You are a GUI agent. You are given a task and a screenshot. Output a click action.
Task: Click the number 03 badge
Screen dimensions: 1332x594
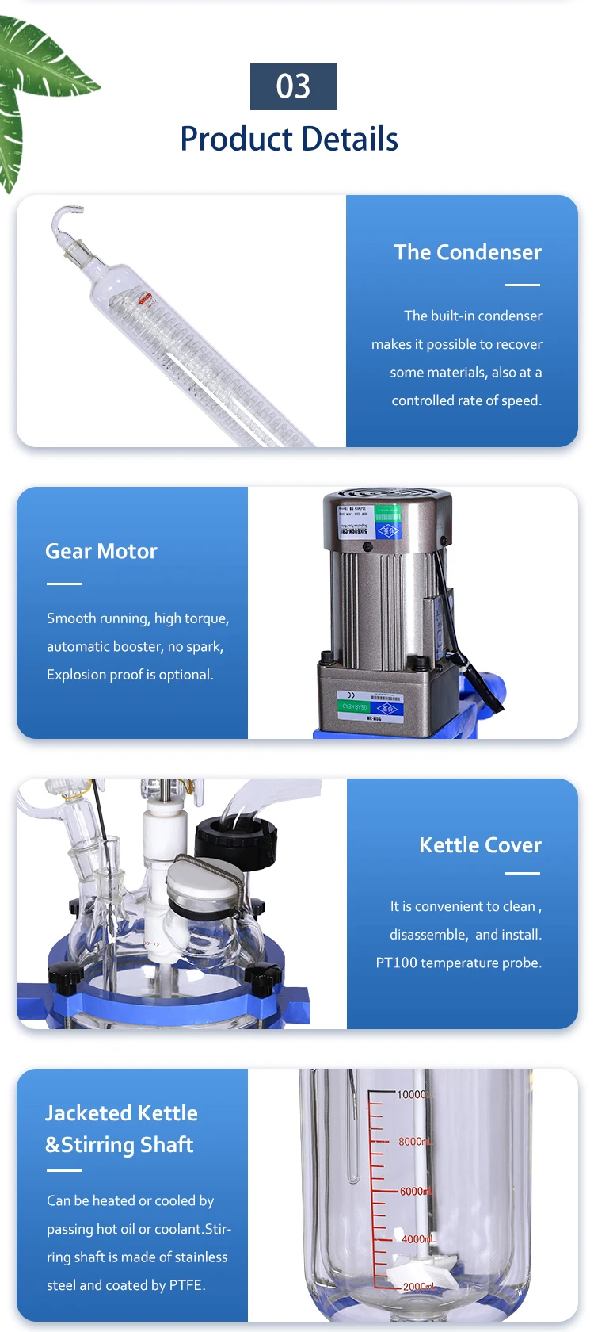[x=293, y=86]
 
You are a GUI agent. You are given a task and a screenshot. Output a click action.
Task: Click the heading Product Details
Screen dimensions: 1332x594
[x=289, y=139]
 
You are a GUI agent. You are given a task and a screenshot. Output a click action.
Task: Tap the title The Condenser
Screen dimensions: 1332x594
[x=467, y=252]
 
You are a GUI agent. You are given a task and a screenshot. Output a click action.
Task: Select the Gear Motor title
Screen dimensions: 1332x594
[x=101, y=551]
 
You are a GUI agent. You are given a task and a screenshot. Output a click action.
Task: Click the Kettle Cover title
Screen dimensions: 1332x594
[x=480, y=845]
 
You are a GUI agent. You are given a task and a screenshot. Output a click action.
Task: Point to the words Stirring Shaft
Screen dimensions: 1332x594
[x=128, y=1145]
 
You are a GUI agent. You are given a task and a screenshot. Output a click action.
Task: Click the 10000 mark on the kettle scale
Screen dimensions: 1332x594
[x=411, y=1095]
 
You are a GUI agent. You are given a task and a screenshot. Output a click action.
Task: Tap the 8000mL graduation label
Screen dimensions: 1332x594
[x=414, y=1142]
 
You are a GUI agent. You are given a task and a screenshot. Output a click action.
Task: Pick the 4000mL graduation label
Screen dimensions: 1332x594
[x=417, y=1238]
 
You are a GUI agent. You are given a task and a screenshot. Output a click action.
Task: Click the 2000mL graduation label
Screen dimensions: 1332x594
[x=418, y=1287]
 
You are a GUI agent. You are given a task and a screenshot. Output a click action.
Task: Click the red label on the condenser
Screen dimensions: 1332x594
[x=146, y=299]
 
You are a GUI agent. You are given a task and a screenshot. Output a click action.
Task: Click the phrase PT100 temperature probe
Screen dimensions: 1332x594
[x=459, y=963]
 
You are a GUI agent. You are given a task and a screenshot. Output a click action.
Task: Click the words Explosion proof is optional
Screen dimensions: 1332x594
[x=130, y=675]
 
